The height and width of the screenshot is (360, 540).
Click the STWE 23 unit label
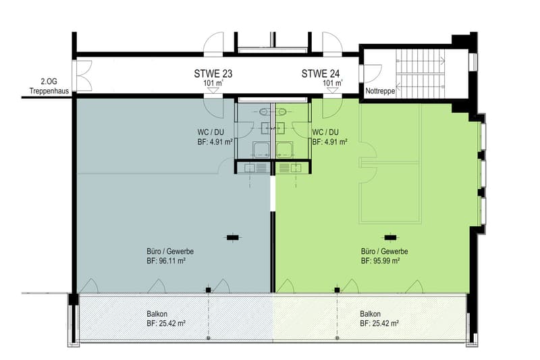point(213,74)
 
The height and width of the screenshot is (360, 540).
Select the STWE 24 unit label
point(321,74)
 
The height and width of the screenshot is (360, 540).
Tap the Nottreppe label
point(380,91)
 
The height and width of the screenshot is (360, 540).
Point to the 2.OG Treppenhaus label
point(49,86)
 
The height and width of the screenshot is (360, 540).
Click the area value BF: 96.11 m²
point(166,261)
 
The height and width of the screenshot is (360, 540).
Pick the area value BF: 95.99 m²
point(380,261)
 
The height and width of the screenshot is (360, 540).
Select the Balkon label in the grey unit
point(157,314)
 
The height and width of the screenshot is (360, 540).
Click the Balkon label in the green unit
point(370,314)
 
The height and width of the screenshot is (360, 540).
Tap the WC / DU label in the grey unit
point(211,132)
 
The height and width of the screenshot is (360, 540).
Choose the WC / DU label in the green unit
point(325,132)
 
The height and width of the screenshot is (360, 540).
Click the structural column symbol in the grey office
point(232,237)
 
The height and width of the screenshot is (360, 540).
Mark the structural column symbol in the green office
point(390,237)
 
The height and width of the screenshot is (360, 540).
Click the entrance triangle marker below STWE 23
point(213,91)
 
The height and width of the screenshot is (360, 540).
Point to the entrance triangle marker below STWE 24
point(332,91)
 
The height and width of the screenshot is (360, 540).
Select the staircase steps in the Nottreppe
point(421,74)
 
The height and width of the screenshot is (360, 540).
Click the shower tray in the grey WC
point(261,150)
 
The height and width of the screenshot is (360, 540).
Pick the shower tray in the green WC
point(284,150)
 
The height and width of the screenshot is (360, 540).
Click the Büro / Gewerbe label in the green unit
point(384,251)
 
